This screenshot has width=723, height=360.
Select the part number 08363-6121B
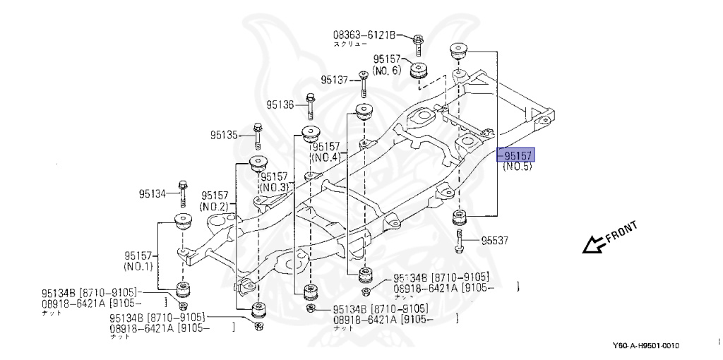tap(365, 34)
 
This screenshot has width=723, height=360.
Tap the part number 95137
tap(335, 80)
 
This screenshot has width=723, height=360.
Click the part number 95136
tap(280, 104)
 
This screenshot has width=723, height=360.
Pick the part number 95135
tap(224, 134)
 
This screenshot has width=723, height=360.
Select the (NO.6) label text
tap(387, 71)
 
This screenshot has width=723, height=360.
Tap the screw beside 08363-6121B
tap(419, 42)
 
